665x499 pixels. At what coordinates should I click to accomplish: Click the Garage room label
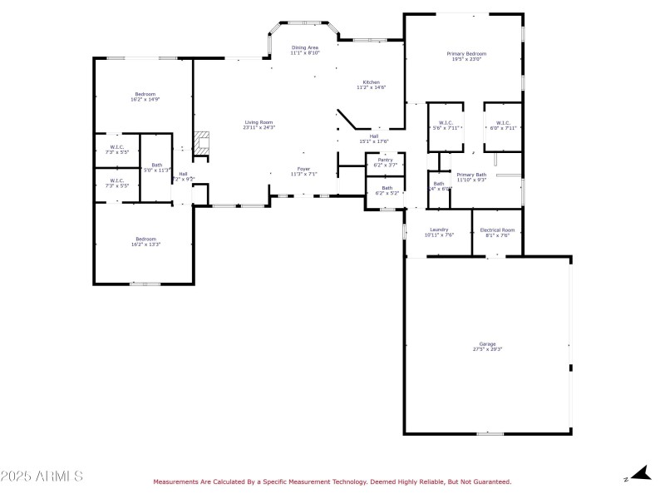487,346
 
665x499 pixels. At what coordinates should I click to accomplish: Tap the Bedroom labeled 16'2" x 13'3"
145,242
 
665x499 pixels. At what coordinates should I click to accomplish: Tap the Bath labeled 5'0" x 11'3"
156,167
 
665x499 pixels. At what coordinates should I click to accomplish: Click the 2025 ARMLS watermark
42,477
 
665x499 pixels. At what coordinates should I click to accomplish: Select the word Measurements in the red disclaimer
176,482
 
